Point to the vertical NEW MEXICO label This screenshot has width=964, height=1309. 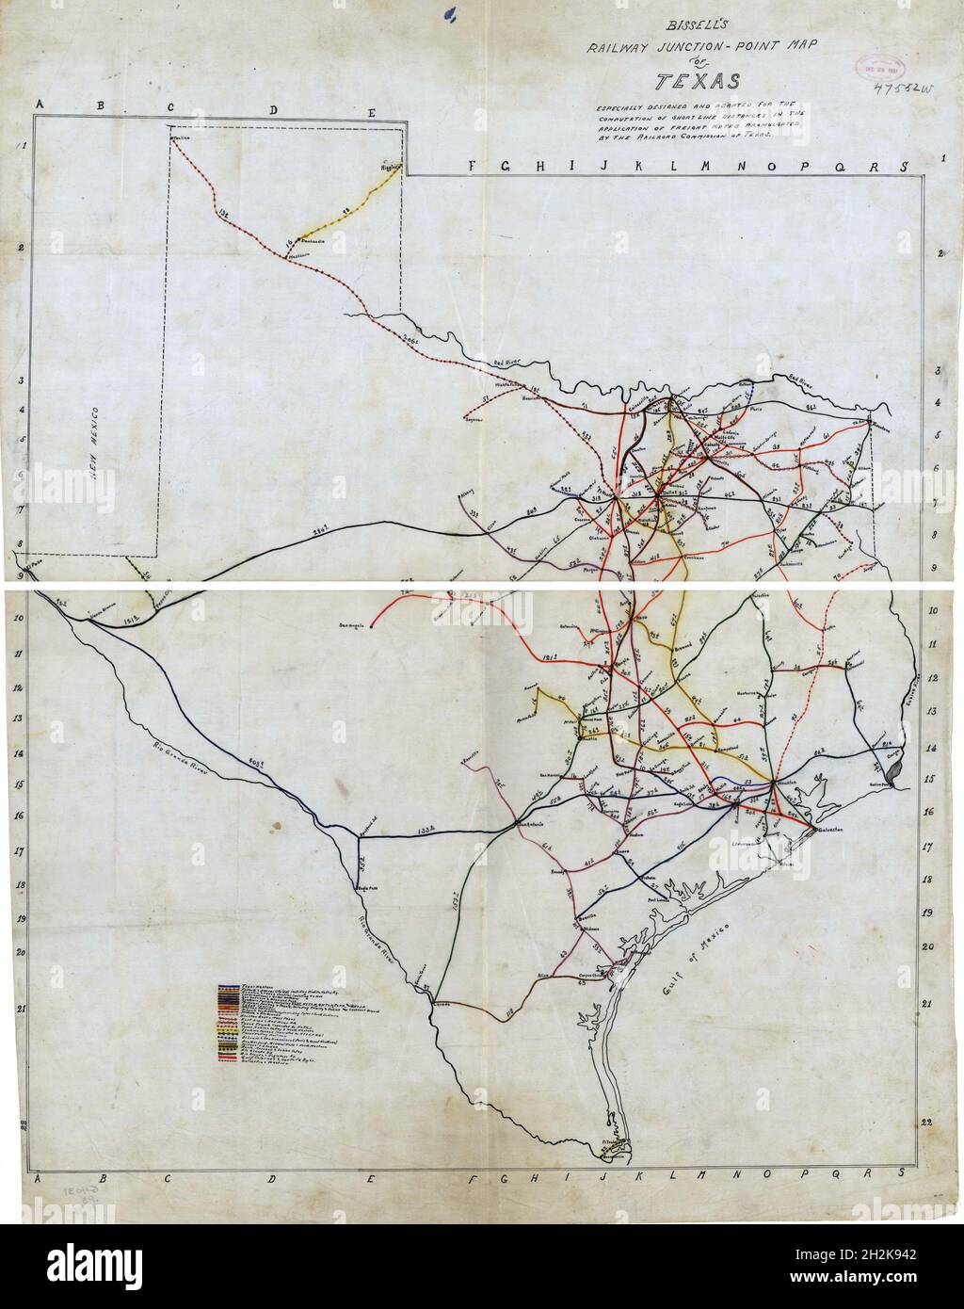pyautogui.click(x=95, y=453)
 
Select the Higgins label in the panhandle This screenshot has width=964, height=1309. pyautogui.click(x=390, y=166)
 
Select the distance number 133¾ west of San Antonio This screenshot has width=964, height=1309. pyautogui.click(x=426, y=831)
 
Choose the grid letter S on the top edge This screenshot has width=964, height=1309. pyautogui.click(x=901, y=167)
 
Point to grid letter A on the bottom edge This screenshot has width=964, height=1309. pyautogui.click(x=38, y=1178)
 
